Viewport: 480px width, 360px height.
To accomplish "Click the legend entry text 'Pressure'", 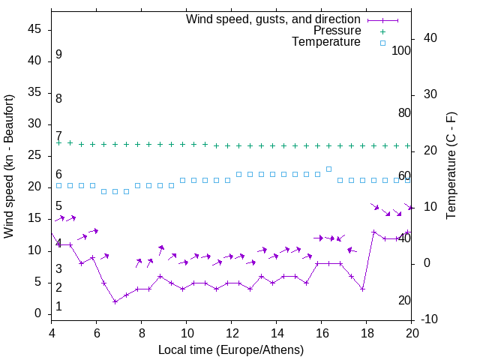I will tap(337, 31).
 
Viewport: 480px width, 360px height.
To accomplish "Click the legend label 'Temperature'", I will tap(326, 42).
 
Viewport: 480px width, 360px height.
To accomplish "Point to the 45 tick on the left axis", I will tap(34, 29).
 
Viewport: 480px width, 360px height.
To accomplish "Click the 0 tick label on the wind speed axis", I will tap(37, 313).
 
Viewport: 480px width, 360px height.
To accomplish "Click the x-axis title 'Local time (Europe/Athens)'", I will tap(231, 349).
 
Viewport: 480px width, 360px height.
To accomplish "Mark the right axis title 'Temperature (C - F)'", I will tap(451, 166).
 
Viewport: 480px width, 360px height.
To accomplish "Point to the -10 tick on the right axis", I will tap(430, 320).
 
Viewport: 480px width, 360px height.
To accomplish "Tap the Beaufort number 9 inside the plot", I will tap(58, 55).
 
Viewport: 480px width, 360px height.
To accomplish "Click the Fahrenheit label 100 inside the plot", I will tap(401, 50).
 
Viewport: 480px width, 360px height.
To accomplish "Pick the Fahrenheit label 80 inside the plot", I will tap(404, 113).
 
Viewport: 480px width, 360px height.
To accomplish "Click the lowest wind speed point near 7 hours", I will tap(115, 301).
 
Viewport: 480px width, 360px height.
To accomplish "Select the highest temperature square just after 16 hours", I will tap(328, 169).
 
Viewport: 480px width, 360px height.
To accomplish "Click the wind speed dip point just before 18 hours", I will tap(362, 289).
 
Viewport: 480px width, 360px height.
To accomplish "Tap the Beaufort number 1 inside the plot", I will tap(58, 307).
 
